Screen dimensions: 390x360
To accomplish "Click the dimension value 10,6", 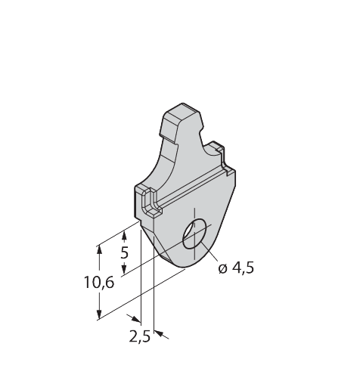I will pyautogui.click(x=98, y=283).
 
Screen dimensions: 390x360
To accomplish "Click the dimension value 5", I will pyautogui.click(x=126, y=252).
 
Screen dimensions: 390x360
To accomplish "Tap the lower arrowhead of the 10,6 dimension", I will pyautogui.click(x=98, y=315).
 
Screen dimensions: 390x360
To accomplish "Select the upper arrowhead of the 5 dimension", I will pyautogui.click(x=125, y=235).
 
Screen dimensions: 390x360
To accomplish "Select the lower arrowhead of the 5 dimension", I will pyautogui.click(x=125, y=270).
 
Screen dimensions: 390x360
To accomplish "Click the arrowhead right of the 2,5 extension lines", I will pyautogui.click(x=160, y=332).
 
